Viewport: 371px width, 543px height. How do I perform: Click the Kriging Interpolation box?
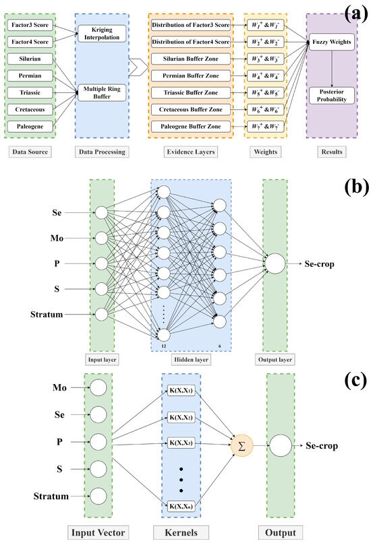point(102,34)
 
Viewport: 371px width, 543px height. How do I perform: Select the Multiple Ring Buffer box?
point(102,92)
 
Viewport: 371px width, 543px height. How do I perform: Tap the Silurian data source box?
point(30,59)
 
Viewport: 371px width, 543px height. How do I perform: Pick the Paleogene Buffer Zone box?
point(191,127)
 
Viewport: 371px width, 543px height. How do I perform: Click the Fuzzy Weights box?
point(332,42)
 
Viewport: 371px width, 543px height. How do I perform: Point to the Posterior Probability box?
point(332,96)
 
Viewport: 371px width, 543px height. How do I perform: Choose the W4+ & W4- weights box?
point(266,75)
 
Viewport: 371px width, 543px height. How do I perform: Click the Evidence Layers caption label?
point(191,152)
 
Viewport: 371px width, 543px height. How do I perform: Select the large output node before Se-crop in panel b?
point(275,263)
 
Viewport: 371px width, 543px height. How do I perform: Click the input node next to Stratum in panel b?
point(102,315)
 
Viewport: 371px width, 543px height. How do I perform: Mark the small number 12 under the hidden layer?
point(164,346)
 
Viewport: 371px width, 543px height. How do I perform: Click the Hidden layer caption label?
point(191,360)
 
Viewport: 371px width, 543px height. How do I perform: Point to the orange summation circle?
point(242,446)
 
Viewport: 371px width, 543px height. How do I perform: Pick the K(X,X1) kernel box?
point(181,391)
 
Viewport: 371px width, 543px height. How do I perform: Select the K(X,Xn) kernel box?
point(181,507)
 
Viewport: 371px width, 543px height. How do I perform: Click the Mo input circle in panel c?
point(98,387)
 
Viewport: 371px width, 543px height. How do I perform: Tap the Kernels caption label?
point(181,533)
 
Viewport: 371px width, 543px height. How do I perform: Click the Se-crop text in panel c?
point(321,446)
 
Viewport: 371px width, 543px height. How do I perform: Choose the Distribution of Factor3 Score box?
point(191,25)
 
